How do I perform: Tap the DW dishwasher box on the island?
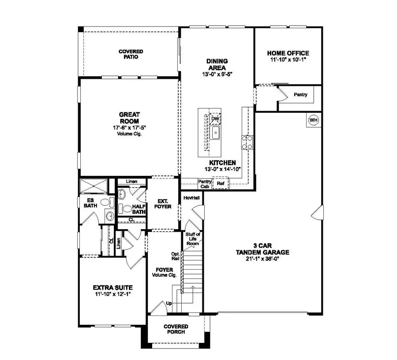click(x=215, y=119)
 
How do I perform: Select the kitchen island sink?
click(x=215, y=133)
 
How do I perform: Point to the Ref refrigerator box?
click(x=220, y=183)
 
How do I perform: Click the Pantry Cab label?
click(x=204, y=184)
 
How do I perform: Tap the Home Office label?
click(x=288, y=53)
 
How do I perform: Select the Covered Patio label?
click(x=131, y=54)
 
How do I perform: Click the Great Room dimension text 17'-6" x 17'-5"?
click(x=129, y=128)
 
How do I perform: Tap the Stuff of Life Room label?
click(x=193, y=239)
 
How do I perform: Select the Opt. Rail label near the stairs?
click(x=176, y=256)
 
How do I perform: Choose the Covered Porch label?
click(x=176, y=329)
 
